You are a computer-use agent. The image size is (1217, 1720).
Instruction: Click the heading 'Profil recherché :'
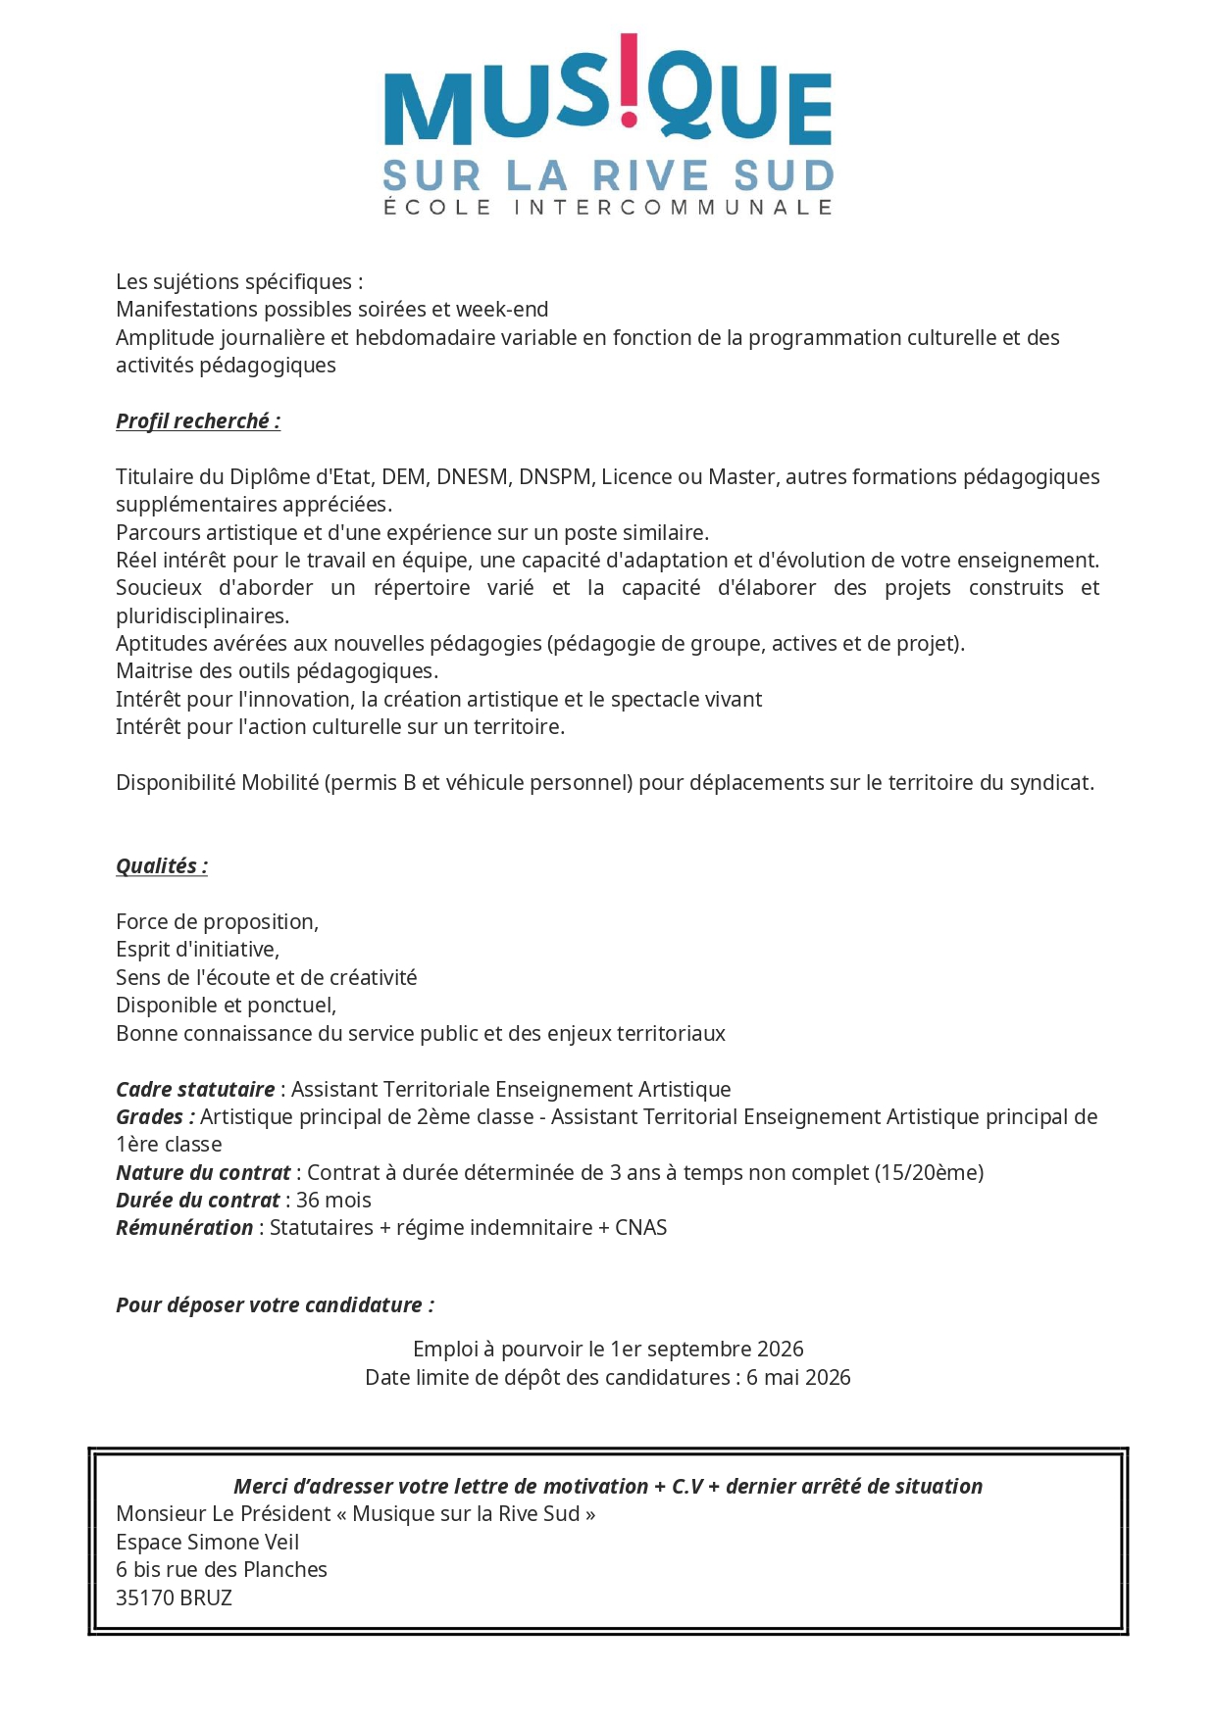198,421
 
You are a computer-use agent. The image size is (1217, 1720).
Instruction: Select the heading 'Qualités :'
162,866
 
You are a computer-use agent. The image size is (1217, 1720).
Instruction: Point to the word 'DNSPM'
555,477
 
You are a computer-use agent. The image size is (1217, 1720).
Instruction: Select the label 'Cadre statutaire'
195,1090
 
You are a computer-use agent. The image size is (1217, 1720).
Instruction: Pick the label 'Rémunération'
184,1228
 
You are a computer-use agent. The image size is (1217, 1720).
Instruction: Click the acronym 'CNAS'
641,1228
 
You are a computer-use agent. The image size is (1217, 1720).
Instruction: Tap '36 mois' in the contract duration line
333,1201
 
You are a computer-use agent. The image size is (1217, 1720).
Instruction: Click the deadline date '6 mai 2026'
798,1378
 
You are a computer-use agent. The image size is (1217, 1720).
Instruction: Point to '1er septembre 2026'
707,1350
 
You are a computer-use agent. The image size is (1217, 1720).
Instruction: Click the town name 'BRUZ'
206,1598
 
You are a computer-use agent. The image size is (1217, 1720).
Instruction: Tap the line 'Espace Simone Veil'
207,1543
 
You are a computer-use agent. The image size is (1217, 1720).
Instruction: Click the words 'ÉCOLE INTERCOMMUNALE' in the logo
608,208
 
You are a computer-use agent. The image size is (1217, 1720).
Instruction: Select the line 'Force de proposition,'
217,922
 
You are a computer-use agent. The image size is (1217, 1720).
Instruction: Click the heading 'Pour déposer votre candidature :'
275,1305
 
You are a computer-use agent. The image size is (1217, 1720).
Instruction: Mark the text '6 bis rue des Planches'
222,1570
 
